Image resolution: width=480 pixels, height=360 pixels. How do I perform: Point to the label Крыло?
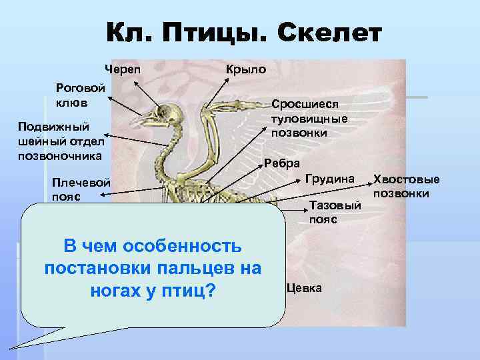coord(246,69)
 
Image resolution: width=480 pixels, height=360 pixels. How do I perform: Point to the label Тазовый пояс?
coord(335,213)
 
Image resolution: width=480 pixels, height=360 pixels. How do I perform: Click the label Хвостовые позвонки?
coord(406,186)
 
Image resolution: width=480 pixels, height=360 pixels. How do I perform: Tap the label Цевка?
coord(305,288)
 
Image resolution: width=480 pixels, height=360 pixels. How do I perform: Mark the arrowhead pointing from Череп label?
coord(135,83)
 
